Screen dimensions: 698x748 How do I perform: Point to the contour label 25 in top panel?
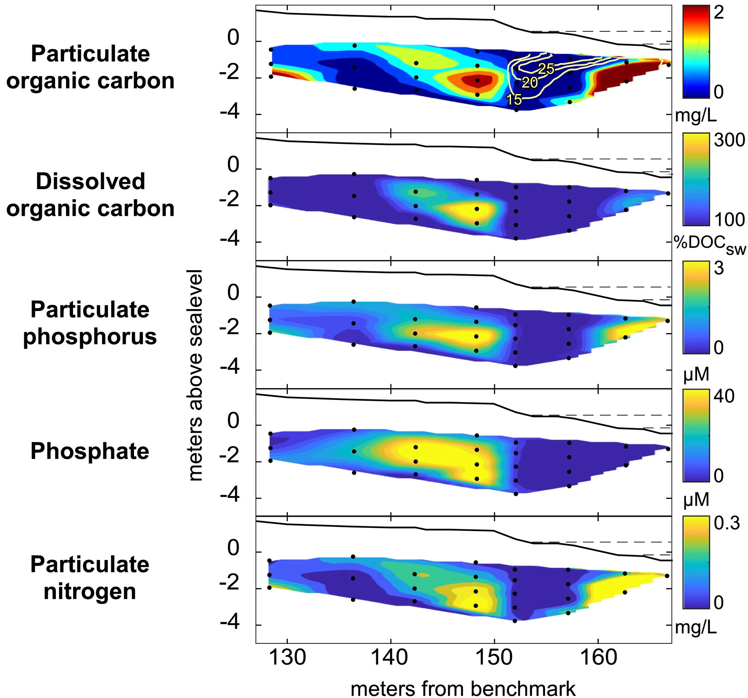pyautogui.click(x=546, y=69)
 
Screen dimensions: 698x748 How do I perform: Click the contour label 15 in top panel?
pyautogui.click(x=514, y=99)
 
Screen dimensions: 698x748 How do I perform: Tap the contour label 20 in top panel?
pyautogui.click(x=530, y=82)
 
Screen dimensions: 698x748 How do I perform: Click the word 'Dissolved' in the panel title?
pyautogui.click(x=90, y=181)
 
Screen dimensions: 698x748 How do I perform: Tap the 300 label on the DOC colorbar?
pyautogui.click(x=729, y=140)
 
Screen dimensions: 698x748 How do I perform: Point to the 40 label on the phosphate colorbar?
pyautogui.click(x=724, y=396)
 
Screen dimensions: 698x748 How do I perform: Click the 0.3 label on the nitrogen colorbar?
pyautogui.click(x=727, y=523)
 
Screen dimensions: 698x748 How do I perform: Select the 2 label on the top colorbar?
pyautogui.click(x=719, y=13)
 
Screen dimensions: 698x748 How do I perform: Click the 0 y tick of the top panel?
pyautogui.click(x=233, y=38)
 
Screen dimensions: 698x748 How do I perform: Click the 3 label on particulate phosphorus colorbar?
pyautogui.click(x=719, y=268)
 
